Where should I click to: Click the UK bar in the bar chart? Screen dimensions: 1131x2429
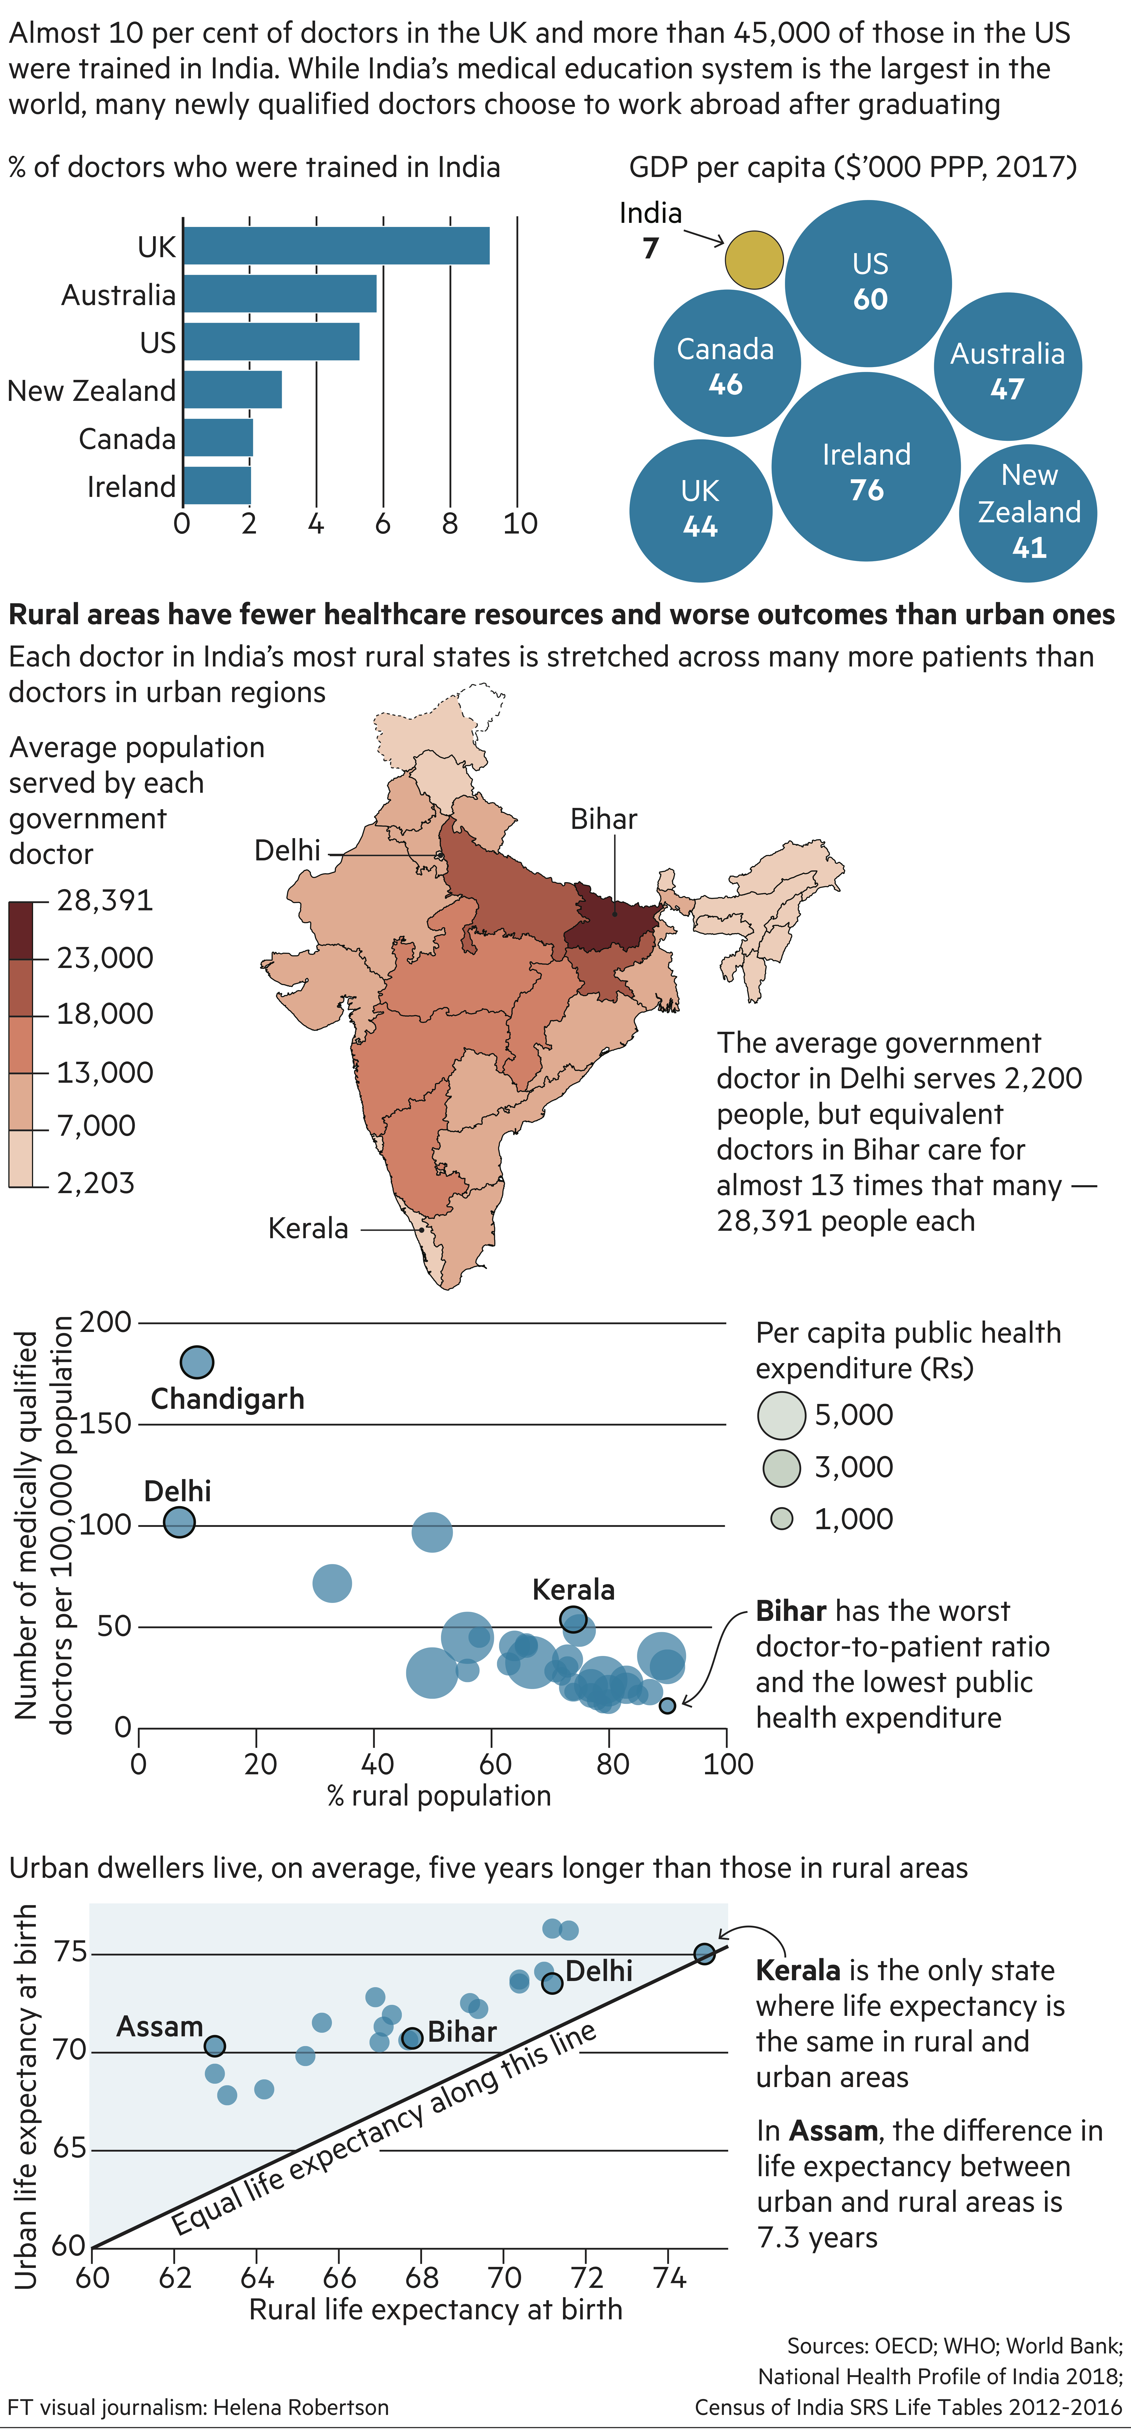(x=337, y=246)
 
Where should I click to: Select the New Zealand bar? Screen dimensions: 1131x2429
(x=233, y=389)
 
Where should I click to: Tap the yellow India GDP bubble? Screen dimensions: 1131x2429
(x=754, y=260)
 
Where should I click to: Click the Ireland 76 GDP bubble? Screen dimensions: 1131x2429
(x=866, y=467)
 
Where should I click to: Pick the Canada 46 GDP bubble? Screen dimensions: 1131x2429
(x=727, y=363)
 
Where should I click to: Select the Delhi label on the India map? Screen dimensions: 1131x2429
(x=287, y=851)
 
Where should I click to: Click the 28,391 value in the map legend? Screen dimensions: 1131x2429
(x=105, y=901)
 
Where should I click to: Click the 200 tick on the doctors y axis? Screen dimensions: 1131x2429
(x=105, y=1322)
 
